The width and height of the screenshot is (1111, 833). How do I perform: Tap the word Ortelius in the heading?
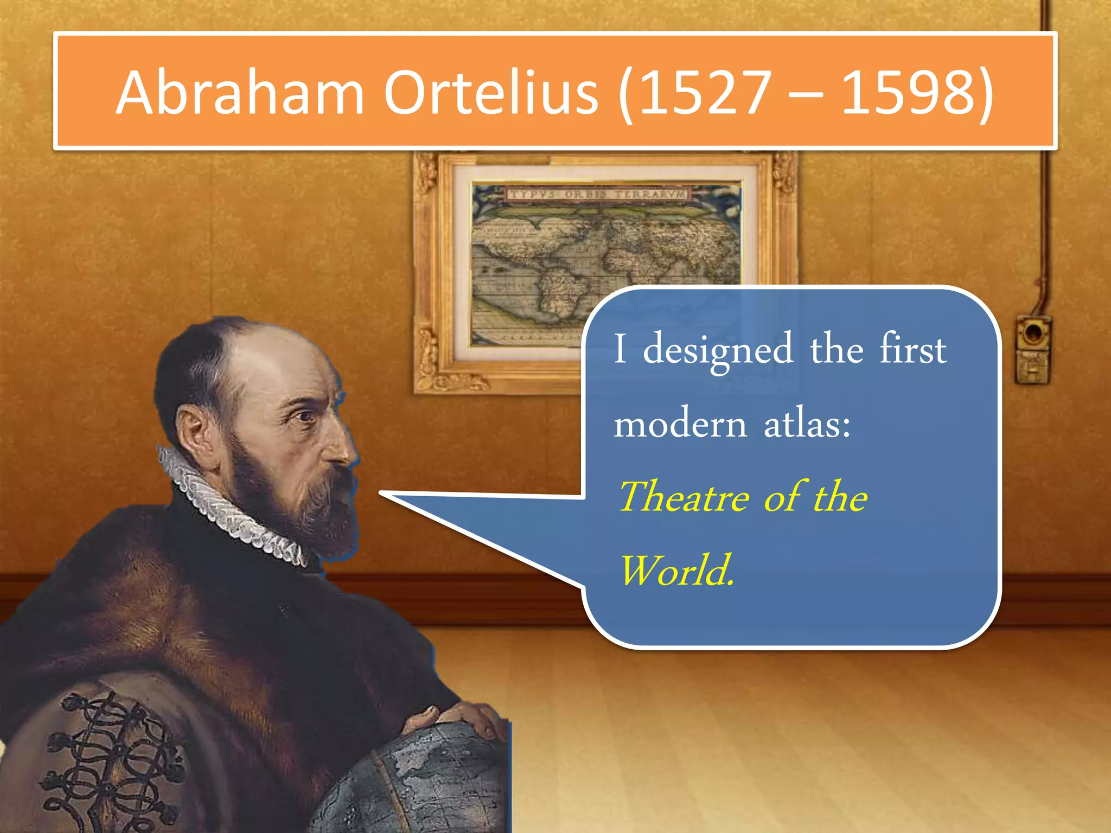491,93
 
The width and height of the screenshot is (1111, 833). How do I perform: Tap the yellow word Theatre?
684,497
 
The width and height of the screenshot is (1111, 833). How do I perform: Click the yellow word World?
676,571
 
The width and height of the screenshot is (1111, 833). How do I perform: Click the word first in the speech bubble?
912,350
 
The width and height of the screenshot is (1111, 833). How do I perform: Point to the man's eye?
305,416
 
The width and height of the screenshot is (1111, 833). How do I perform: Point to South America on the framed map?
559,293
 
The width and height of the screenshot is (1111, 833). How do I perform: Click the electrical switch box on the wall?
1033,350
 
